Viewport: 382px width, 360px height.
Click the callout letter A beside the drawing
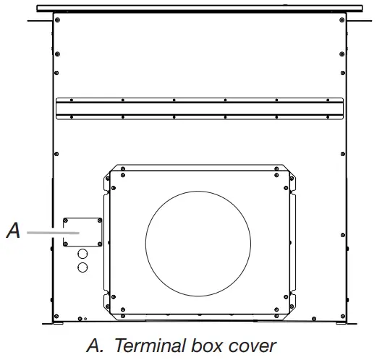click(x=13, y=231)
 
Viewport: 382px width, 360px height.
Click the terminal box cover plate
click(x=82, y=232)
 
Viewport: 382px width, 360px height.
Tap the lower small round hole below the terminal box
click(x=82, y=267)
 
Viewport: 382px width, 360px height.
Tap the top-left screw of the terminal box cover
click(x=66, y=219)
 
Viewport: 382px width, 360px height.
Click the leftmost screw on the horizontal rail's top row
click(x=61, y=100)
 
